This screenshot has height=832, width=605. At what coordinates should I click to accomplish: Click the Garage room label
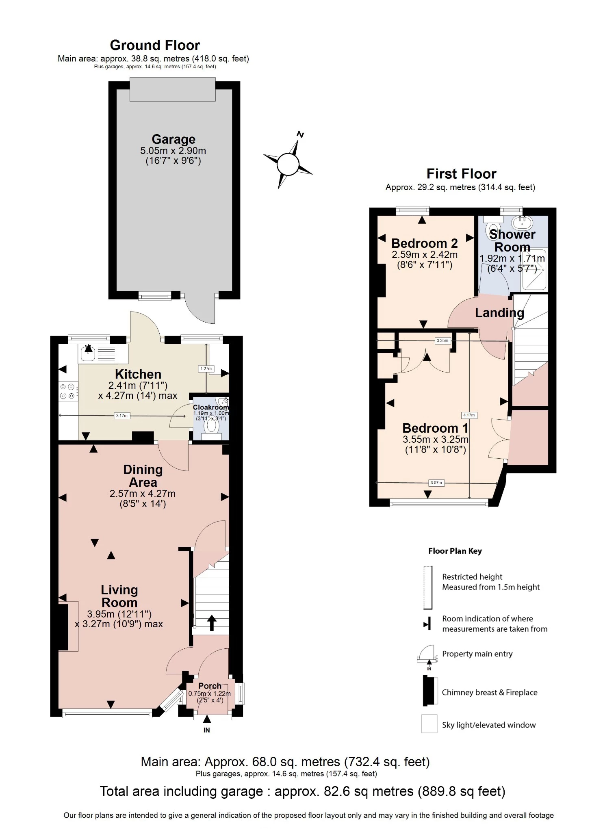coord(173,139)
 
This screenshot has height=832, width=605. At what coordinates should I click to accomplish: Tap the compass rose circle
coord(288,164)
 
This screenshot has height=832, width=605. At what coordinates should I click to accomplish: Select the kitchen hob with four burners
coord(68,391)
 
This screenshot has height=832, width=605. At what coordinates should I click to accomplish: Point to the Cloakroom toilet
coord(211,426)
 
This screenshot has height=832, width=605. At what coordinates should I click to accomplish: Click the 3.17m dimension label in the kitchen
coord(122,416)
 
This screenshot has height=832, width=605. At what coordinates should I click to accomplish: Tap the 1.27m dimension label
coord(206,369)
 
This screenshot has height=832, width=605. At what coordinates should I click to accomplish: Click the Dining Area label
coord(143,476)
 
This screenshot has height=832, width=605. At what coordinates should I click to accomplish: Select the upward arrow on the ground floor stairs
coord(212,623)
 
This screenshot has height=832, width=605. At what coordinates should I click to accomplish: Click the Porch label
coord(210,686)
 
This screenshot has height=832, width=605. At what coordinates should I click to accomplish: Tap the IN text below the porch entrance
coord(207,730)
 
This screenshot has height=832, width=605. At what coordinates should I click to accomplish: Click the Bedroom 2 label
coord(425,243)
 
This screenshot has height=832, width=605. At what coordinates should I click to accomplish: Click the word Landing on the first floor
coord(499,313)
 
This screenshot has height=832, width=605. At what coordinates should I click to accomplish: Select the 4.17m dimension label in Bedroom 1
coord(469,415)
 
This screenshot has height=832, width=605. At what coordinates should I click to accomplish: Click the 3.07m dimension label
coord(436,483)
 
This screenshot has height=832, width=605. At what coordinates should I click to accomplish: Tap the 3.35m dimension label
coord(442,340)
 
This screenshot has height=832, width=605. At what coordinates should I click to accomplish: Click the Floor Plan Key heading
coord(455,551)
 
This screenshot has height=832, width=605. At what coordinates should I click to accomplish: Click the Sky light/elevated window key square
coord(429,724)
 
